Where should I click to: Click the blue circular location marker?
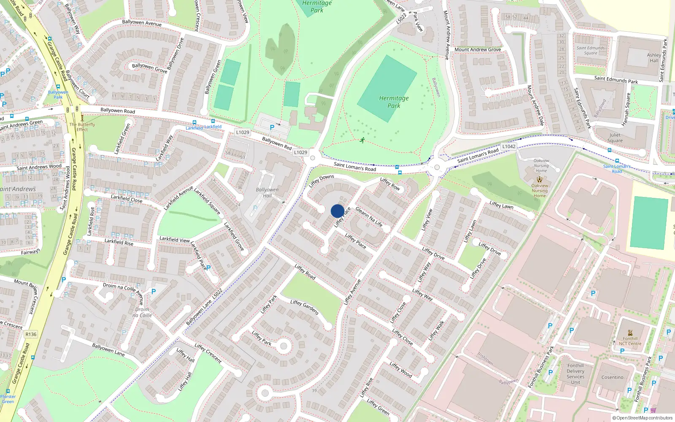pyautogui.click(x=337, y=211)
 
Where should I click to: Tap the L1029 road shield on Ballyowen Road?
pyautogui.click(x=243, y=132)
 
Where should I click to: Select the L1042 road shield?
pyautogui.click(x=509, y=146)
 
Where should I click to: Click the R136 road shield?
pyautogui.click(x=31, y=334)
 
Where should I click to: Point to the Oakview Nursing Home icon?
pyautogui.click(x=540, y=179)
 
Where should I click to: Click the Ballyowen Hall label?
pyautogui.click(x=267, y=192)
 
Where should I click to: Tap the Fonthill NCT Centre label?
pyautogui.click(x=630, y=341)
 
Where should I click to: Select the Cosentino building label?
pyautogui.click(x=612, y=377)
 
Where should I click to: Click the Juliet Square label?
pyautogui.click(x=615, y=138)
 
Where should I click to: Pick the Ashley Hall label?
pyautogui.click(x=654, y=57)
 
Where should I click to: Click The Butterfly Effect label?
pyautogui.click(x=82, y=127)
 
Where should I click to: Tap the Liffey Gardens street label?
pyautogui.click(x=304, y=307)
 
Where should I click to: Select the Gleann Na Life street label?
pyautogui.click(x=369, y=216)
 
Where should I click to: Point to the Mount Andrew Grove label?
pyautogui.click(x=478, y=49)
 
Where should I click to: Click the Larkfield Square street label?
pyautogui.click(x=207, y=201)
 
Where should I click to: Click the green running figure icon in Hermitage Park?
pyautogui.click(x=362, y=140)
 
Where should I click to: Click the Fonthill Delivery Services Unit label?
pyautogui.click(x=575, y=374)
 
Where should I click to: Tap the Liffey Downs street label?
pyautogui.click(x=321, y=181)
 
